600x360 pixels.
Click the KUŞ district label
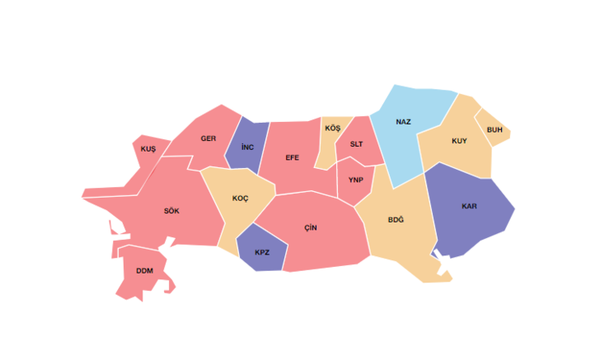point(148,148)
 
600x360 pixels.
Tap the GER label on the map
point(209,138)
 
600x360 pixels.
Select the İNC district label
point(247,147)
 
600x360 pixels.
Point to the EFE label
point(292,157)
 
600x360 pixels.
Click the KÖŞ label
point(332,129)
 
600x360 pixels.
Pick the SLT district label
point(356,144)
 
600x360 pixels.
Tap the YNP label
point(355,180)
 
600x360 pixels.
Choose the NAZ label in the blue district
point(403,122)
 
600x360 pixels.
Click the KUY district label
point(459,141)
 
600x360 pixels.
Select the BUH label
point(495,130)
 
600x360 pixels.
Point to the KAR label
point(469,205)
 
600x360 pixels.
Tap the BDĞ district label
point(396,220)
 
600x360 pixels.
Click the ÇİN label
point(310,227)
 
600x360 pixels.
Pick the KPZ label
point(261,252)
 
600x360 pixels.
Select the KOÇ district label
point(240,199)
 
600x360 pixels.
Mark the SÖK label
point(171,211)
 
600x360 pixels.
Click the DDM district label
point(144,270)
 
